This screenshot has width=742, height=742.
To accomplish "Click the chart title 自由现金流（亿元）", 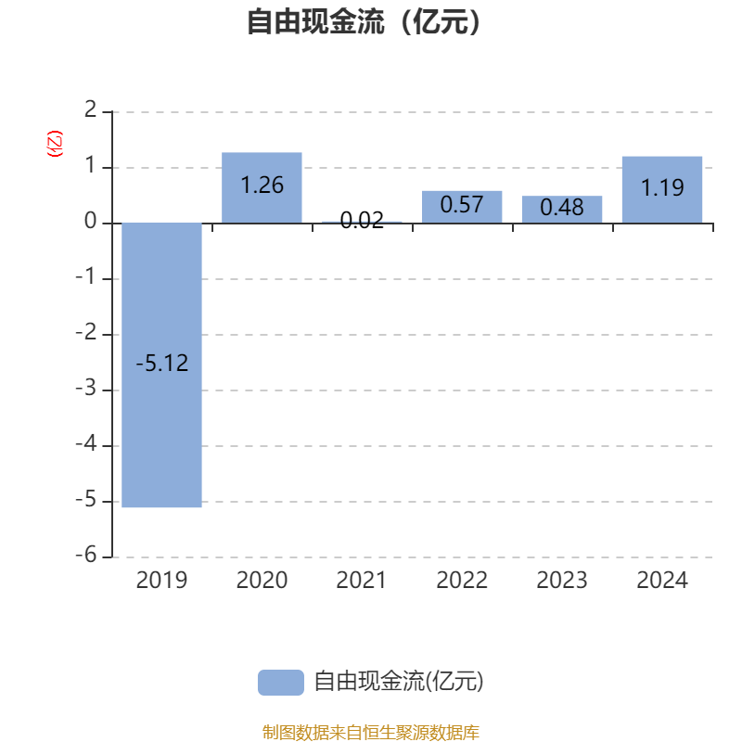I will click(x=365, y=21).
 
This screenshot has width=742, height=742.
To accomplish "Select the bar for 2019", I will click(x=161, y=436).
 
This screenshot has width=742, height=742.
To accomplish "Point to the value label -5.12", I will click(x=161, y=364).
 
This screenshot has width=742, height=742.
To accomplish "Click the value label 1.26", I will click(x=262, y=185).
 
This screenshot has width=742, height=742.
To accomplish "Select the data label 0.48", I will click(x=562, y=208).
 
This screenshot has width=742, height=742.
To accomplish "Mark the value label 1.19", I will click(x=662, y=188).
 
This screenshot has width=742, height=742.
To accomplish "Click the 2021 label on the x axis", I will click(x=362, y=581).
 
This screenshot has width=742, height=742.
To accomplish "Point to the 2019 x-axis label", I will click(x=161, y=581).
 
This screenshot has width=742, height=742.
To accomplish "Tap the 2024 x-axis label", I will click(x=662, y=581).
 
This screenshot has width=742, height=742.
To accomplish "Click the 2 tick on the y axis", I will click(x=90, y=111).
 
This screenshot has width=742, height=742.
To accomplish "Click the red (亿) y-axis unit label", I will click(x=55, y=144).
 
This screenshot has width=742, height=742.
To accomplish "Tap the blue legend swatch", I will click(x=280, y=682).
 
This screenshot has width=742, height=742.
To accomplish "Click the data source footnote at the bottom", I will click(x=371, y=733).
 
